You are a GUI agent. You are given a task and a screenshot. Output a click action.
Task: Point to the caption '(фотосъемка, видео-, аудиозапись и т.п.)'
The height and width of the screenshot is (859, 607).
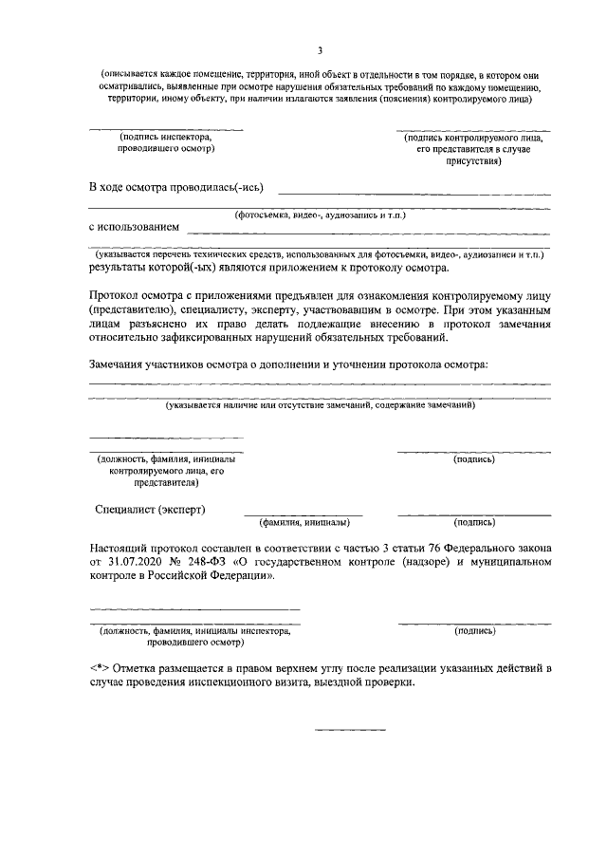[321, 215]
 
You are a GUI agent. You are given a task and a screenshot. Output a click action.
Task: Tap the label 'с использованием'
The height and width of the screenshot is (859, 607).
[134, 228]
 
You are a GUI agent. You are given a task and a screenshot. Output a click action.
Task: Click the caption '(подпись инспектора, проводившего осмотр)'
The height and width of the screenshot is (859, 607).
[166, 142]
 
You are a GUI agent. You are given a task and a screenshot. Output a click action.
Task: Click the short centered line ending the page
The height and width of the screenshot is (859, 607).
[350, 729]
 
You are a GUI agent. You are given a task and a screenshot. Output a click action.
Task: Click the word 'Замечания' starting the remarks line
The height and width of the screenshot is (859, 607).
[121, 364]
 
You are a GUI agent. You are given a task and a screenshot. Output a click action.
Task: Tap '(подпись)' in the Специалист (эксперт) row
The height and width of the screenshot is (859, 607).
[474, 522]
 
